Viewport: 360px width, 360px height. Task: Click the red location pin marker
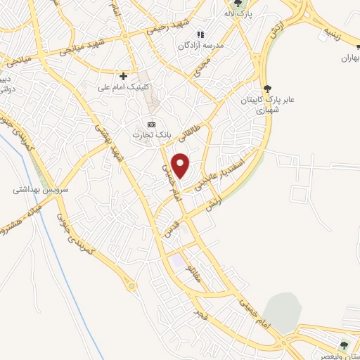[181, 166]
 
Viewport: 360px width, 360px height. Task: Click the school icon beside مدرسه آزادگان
[200, 34]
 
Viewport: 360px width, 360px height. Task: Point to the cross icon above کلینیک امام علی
[123, 75]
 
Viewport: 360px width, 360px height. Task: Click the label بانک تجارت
[150, 132]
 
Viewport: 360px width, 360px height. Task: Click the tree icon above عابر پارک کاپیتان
[268, 88]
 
